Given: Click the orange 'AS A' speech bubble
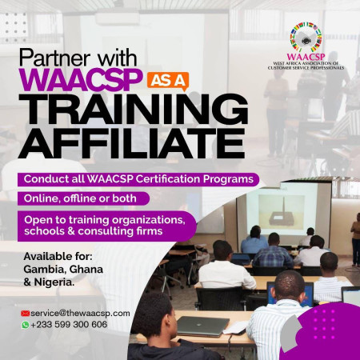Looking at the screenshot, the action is pos(168,81).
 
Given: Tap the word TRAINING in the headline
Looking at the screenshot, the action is pos(134,110).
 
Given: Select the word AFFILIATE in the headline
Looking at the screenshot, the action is pos(131,144).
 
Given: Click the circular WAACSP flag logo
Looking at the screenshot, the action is pos(306,38).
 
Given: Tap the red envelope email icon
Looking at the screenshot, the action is pos(25,314).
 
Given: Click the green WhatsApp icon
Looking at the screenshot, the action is pos(26,325).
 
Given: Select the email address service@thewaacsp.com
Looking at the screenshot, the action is pos(80,314).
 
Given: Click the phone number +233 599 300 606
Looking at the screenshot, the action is pos(69,325).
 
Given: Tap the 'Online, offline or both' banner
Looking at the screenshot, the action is pos(83,198).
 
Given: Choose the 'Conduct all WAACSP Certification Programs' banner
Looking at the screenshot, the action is pos(138,179).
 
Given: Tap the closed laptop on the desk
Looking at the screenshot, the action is pos(202,326).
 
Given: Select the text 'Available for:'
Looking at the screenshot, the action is pos(58,257).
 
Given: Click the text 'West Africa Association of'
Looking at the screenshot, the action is pos(306,63).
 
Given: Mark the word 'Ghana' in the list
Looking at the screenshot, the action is pos(86,270).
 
